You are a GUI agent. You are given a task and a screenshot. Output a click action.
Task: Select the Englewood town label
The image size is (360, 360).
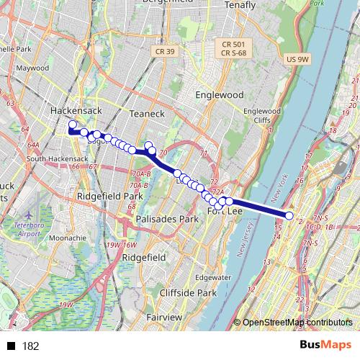pyautogui.click(x=220, y=94)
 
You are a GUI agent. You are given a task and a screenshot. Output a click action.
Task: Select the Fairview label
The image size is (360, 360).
pyautogui.click(x=163, y=317)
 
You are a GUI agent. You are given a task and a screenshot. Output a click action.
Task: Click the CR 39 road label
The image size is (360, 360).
pyautogui.click(x=165, y=50)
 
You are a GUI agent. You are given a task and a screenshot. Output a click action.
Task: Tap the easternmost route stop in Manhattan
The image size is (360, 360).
pyautogui.click(x=289, y=216)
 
